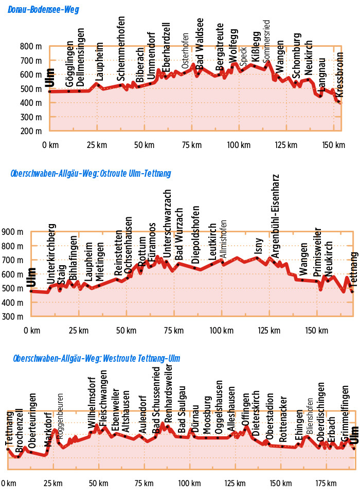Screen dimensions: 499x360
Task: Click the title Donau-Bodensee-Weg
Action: click(44, 10)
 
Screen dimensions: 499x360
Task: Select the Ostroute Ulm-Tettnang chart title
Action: click(91, 174)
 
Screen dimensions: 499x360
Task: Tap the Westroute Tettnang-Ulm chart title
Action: click(97, 358)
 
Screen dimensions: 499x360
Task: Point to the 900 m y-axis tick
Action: click(13, 232)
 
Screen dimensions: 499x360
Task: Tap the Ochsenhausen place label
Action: click(129, 242)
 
